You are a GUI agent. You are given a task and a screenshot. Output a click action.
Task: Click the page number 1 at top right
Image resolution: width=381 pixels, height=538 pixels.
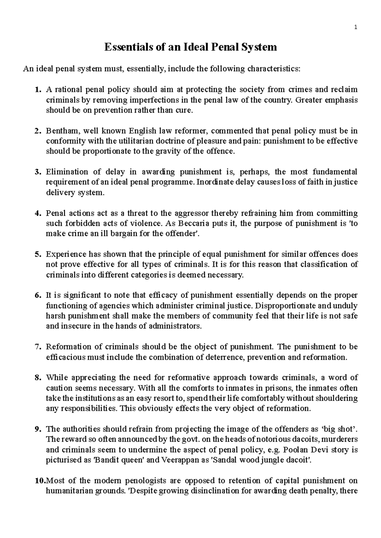click(356, 28)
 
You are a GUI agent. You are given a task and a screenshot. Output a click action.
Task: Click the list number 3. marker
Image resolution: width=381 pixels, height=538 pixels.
click(38, 172)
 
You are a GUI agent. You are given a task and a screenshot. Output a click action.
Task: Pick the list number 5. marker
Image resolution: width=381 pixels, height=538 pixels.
click(38, 254)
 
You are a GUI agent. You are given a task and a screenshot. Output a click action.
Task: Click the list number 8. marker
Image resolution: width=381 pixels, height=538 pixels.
click(38, 378)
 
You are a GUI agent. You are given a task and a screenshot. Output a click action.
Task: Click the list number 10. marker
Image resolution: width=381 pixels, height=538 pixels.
click(40, 481)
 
